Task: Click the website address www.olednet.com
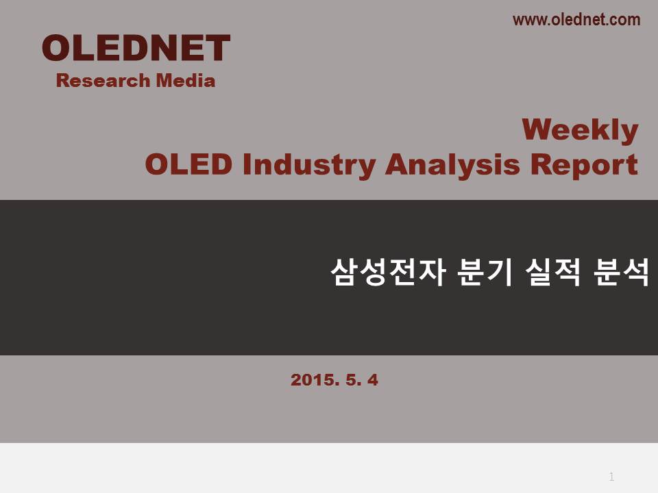point(576,20)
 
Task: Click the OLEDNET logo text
point(136,48)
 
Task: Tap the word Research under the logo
point(103,81)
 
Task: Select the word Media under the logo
point(186,81)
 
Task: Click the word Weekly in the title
point(580,130)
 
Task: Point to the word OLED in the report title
point(188,164)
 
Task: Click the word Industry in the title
point(309,166)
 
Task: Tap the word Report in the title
point(584,166)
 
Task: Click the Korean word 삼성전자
point(388,272)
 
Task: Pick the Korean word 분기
point(485,272)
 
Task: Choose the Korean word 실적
point(553,272)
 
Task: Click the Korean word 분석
point(621,272)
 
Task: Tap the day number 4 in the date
point(373,380)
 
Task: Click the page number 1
point(611,477)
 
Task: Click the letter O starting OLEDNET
point(56,48)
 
